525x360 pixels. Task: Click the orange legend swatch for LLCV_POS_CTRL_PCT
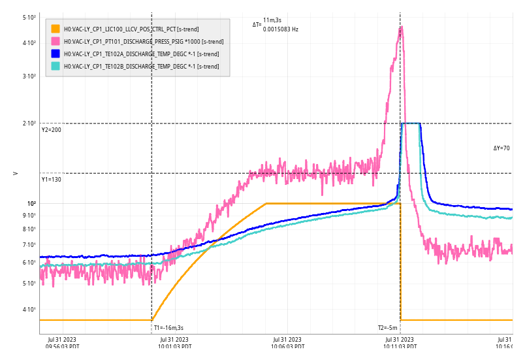click(x=56, y=29)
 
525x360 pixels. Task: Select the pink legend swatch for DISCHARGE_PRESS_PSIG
click(x=56, y=41)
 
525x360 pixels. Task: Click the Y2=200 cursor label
click(x=52, y=130)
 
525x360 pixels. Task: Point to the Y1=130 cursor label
click(x=52, y=179)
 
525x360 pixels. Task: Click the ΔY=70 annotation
click(x=501, y=148)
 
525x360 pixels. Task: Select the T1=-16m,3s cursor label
click(x=168, y=328)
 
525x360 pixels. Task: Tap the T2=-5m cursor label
click(x=388, y=328)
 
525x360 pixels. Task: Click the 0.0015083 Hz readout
click(x=281, y=29)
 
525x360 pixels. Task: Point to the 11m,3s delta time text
click(x=272, y=21)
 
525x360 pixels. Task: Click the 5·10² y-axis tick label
click(x=29, y=18)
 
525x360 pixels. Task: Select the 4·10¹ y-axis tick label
click(x=29, y=310)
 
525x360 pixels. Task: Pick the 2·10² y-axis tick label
click(x=29, y=123)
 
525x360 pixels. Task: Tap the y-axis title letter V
click(x=16, y=173)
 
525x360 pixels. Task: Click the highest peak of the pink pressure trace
click(x=401, y=27)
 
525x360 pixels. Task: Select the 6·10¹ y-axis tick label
click(x=29, y=263)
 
